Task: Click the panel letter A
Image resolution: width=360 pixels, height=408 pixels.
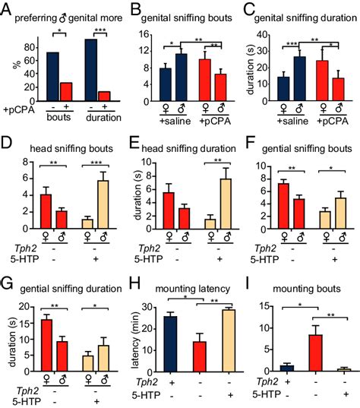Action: (8, 10)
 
